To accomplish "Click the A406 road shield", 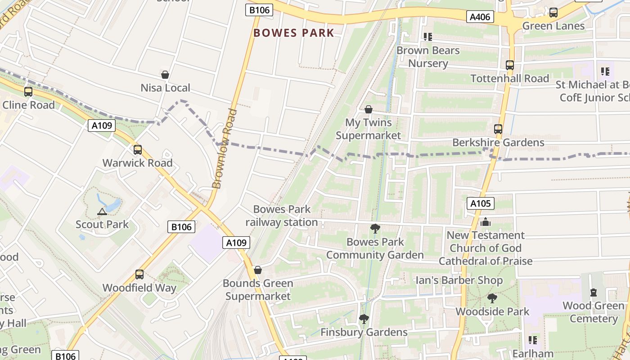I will tap(480, 17).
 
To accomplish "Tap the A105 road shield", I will tap(480, 203).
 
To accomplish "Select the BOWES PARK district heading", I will tap(294, 33).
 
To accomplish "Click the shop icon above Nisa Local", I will tap(165, 75).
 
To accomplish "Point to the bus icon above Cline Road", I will tap(28, 92).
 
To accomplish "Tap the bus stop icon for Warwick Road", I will tap(138, 150).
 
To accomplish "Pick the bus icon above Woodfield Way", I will tap(139, 274).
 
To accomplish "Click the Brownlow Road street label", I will tap(224, 148).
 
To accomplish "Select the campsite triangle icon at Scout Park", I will tap(102, 211).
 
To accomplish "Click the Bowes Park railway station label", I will tap(282, 216).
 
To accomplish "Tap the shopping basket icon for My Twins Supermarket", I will tap(369, 109).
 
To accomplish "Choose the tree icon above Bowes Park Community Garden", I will tap(375, 229).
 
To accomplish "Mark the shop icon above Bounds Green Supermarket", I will tap(258, 270).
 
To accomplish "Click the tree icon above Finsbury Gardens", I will tap(364, 319).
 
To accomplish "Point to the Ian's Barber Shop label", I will tap(459, 280).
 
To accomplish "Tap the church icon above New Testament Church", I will tap(486, 222).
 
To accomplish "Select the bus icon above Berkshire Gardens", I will tap(498, 129).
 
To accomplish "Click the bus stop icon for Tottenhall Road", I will tap(510, 65).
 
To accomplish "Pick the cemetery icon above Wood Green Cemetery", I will tap(594, 292).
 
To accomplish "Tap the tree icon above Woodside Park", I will tap(492, 298).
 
